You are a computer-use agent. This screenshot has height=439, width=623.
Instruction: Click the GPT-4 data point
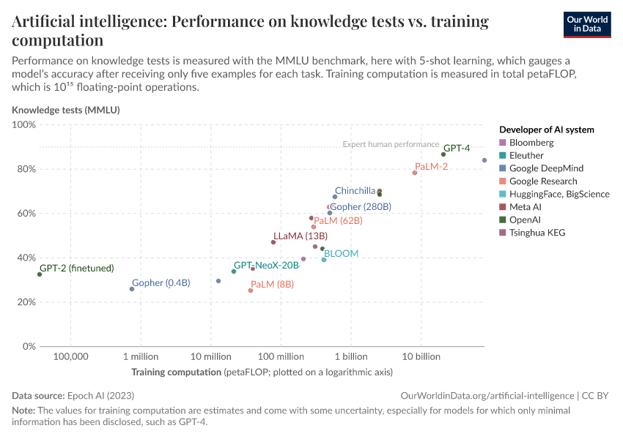pos(443,154)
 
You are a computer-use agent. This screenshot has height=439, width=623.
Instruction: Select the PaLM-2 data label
pos(431,167)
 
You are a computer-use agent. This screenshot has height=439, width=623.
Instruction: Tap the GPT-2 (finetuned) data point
pos(40,274)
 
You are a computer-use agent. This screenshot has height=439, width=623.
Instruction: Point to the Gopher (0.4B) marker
pos(132,289)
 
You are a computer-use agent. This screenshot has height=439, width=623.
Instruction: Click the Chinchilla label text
pos(355,191)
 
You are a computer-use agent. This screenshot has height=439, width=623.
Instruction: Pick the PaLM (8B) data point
pos(251,290)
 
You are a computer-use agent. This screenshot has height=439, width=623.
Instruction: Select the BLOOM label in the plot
pos(341,254)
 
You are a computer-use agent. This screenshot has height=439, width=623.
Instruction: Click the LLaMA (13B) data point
pos(273,242)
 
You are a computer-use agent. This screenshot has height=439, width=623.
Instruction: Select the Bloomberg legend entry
pos(531,143)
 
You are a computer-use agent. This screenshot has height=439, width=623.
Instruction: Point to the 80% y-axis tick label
pos(26,169)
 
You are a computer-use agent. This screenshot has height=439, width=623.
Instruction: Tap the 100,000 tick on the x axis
pos(71,357)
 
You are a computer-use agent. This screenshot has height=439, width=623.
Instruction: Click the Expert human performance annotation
pos(391,145)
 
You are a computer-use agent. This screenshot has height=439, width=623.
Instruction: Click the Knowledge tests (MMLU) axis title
pos(65,110)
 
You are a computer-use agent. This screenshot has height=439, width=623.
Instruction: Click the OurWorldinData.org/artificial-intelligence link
pos(487,395)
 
